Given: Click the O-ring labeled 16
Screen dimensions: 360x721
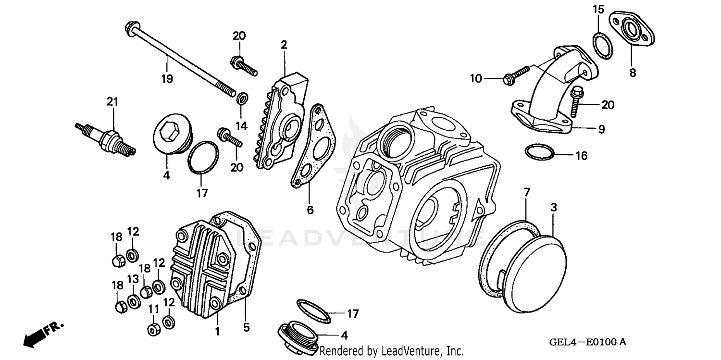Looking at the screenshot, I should point(538,152).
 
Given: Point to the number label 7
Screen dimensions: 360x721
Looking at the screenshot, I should point(527,193).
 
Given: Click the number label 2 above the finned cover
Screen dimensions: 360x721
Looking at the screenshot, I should point(284,45).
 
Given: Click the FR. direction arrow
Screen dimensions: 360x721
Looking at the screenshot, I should point(36,335).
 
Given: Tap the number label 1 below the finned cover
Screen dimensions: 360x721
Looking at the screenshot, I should point(217,331).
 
